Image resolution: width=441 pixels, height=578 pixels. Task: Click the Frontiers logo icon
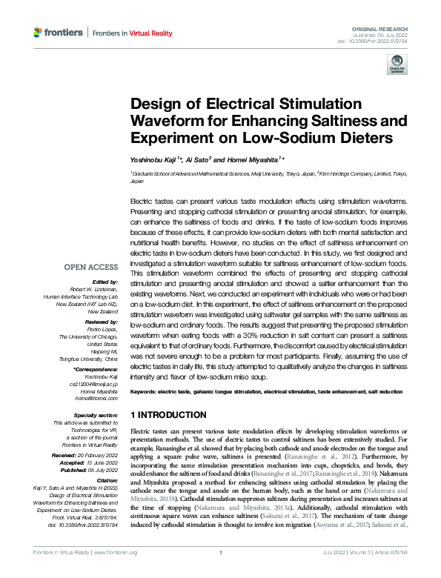tap(39, 33)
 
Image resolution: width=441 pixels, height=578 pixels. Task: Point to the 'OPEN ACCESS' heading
tap(90, 267)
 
